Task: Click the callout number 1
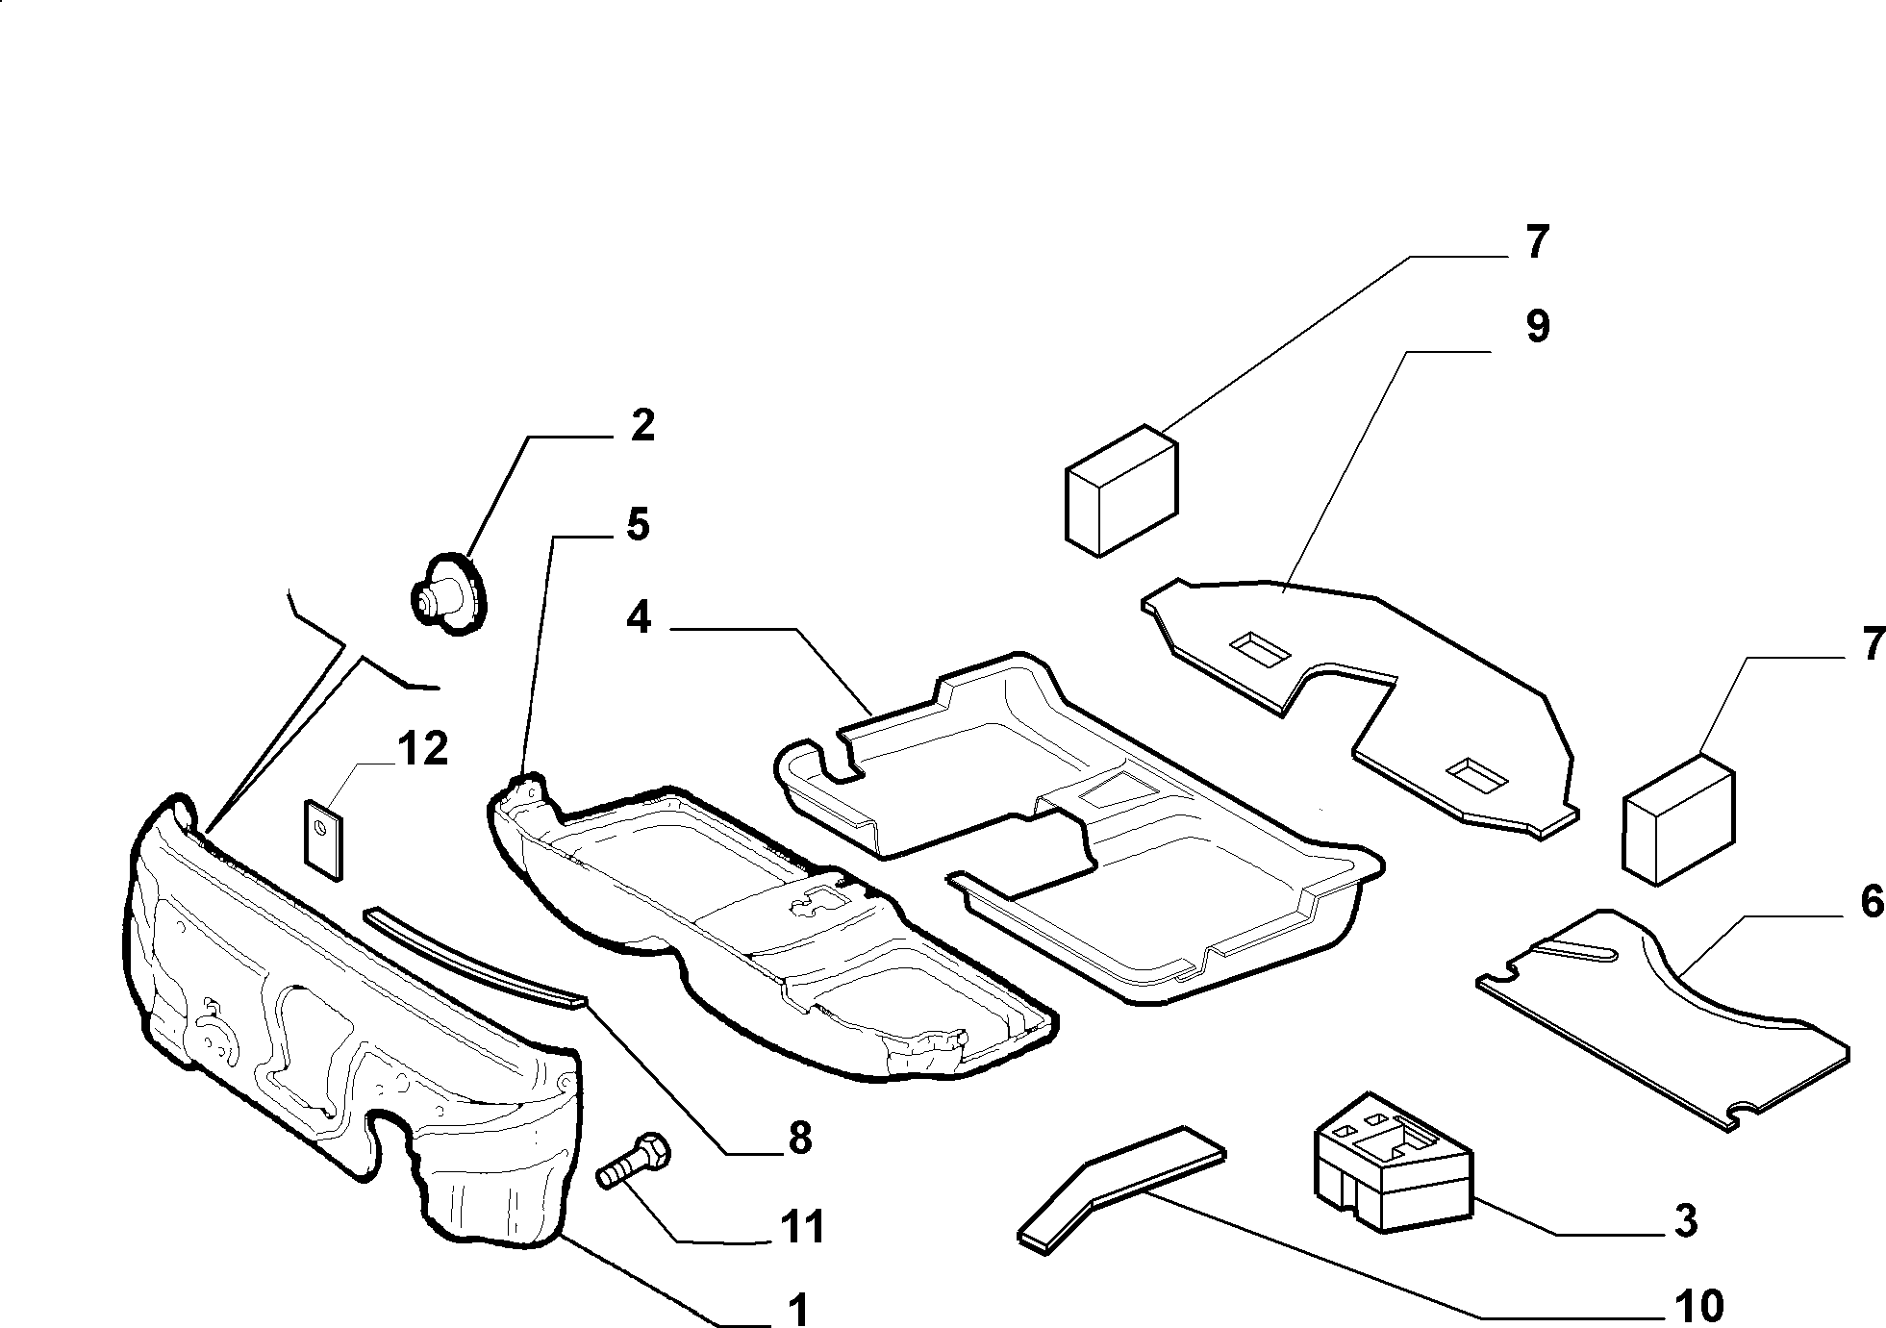(797, 1308)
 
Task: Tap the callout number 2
(642, 425)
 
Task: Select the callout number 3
(1685, 1221)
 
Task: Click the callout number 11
(802, 1228)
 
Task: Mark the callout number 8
(799, 1139)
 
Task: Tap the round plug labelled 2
(450, 594)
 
